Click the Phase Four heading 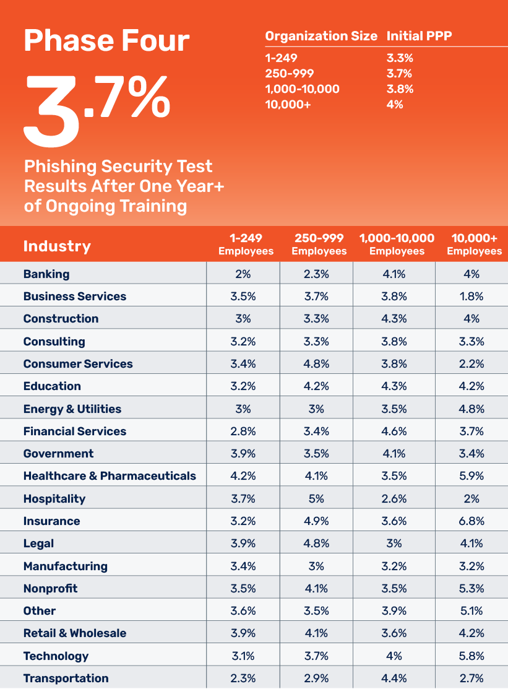106,40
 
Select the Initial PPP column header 419,36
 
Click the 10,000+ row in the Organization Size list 288,104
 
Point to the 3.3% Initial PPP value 400,59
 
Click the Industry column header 57,246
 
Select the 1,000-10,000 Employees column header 397,244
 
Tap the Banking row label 46,274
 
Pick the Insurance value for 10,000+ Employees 471,521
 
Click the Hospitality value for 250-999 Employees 316,498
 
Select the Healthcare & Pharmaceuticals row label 110,476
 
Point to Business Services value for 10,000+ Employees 471,296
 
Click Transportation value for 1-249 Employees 243,678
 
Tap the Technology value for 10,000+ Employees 471,656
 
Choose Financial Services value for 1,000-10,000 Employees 394,431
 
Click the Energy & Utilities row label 72,409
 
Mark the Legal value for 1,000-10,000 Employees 394,543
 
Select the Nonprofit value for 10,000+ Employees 471,588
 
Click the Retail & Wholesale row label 75,633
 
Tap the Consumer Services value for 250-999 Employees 316,363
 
